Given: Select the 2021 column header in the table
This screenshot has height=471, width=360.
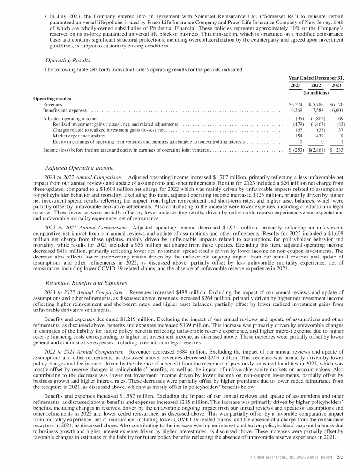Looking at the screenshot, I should click(x=337, y=85).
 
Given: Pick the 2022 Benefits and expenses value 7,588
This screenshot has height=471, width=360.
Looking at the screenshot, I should click(x=316, y=111).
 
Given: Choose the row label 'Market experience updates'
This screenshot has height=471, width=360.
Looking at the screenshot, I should click(x=79, y=136).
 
